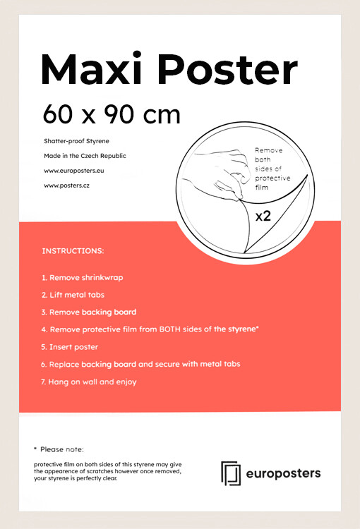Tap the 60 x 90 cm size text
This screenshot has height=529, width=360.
click(111, 114)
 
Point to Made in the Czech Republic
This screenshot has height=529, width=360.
click(85, 156)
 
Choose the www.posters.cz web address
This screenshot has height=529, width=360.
click(66, 186)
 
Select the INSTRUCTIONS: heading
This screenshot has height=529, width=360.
click(73, 251)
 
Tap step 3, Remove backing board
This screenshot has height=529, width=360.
click(89, 312)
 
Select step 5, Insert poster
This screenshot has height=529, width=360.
click(69, 347)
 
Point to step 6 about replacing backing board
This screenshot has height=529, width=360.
click(140, 364)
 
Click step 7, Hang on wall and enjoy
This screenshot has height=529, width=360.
click(89, 382)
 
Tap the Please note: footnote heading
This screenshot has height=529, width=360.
click(61, 449)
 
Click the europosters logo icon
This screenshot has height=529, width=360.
click(231, 472)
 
